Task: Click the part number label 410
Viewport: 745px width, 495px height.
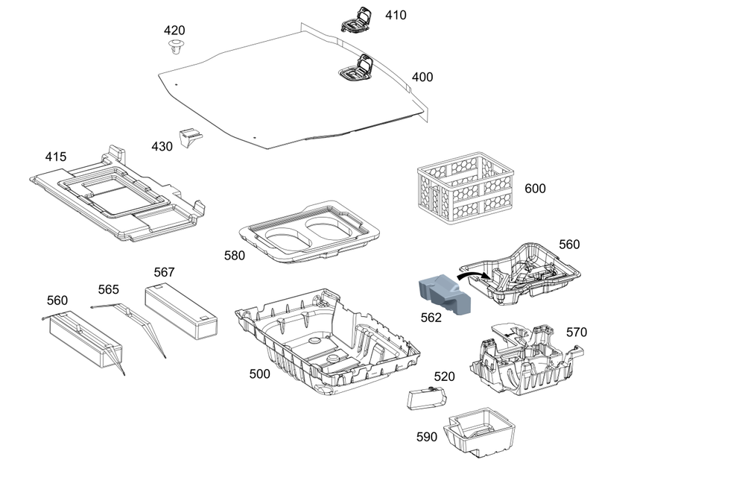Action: click(x=396, y=15)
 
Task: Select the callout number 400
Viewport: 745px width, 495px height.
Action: click(x=422, y=77)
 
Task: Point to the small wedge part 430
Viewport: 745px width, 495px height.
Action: click(x=191, y=137)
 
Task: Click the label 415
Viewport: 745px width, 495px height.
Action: click(x=55, y=157)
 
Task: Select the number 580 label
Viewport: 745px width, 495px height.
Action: click(x=235, y=256)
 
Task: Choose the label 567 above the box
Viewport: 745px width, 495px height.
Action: click(x=165, y=272)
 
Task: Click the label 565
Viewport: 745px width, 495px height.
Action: click(x=109, y=289)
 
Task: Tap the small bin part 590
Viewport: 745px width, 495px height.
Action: click(x=479, y=432)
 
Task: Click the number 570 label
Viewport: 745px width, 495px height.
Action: click(x=577, y=332)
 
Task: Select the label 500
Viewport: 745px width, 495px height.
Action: click(x=259, y=374)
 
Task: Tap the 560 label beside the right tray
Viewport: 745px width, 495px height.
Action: click(x=569, y=245)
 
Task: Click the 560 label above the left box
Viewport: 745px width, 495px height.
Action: click(x=57, y=300)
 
